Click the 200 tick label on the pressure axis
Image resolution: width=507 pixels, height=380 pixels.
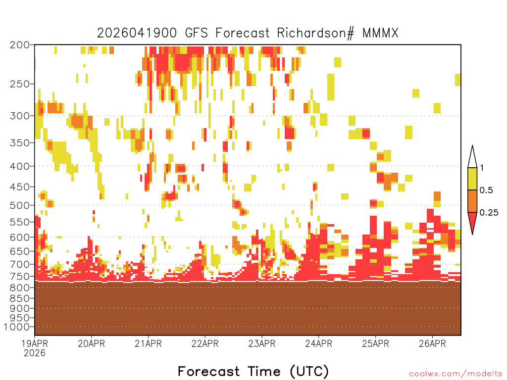19,45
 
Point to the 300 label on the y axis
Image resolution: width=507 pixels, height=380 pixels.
19,116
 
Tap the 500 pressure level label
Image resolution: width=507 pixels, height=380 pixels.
19,205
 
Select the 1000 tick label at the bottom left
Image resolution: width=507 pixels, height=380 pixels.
17,327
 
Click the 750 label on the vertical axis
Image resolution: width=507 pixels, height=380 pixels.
19,277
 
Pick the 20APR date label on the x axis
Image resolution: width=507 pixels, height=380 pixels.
92,343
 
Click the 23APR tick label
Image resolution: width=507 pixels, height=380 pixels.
262,343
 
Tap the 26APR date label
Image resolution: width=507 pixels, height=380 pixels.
432,343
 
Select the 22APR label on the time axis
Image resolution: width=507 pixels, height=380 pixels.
205,343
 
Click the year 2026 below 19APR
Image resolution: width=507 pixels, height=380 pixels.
35,353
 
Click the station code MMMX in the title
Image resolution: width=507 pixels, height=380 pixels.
381,33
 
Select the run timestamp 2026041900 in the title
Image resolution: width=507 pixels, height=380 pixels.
137,33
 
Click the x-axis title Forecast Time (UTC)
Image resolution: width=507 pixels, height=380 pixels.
253,371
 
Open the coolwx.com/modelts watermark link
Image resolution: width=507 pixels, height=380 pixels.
456,374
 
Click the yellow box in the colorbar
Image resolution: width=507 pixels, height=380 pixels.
472,179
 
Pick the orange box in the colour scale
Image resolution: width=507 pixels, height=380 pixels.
472,201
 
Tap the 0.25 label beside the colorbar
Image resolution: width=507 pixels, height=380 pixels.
489,213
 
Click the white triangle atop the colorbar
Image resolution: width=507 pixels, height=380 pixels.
472,158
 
